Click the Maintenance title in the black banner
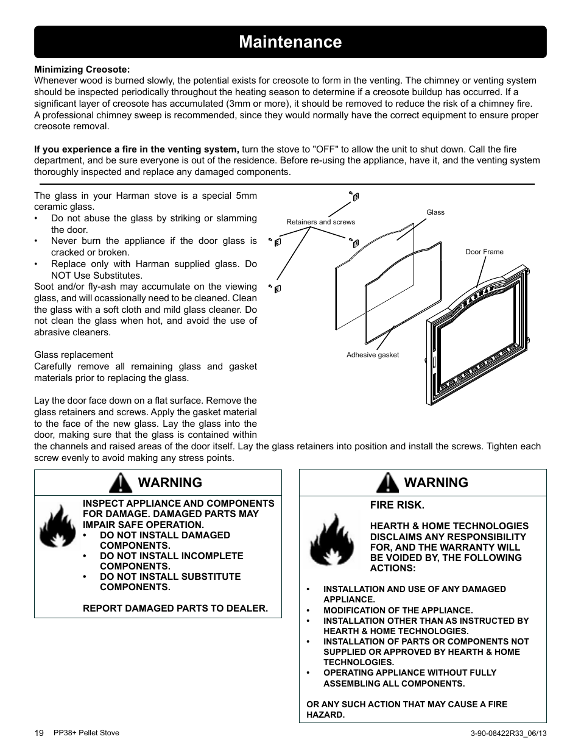(290, 42)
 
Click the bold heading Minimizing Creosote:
(82, 69)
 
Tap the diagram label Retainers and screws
(320, 222)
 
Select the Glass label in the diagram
(435, 212)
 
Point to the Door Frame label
(484, 252)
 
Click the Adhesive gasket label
(373, 355)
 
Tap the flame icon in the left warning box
(57, 529)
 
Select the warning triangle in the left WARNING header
(121, 483)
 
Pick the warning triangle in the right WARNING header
(387, 483)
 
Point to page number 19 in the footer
(39, 733)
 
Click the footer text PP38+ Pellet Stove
(86, 733)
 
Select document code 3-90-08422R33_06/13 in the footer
(505, 733)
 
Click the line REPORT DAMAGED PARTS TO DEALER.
(175, 608)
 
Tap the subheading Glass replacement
(74, 355)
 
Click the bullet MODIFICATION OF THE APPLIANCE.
(398, 610)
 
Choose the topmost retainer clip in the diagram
(354, 196)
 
